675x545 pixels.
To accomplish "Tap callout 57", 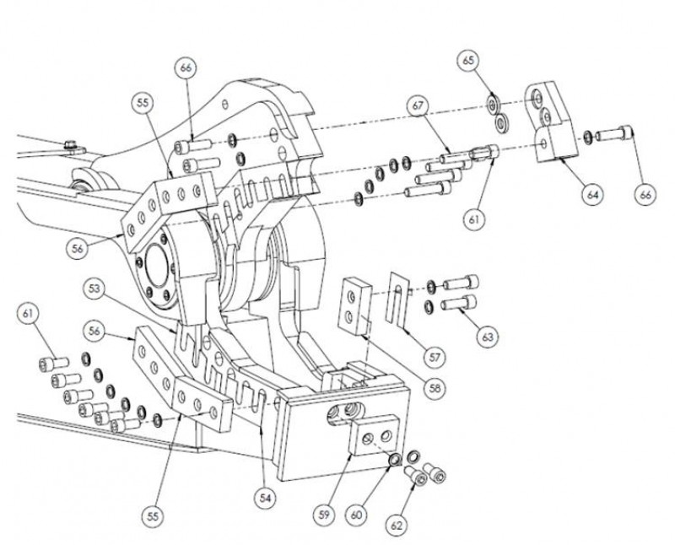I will click(x=435, y=357).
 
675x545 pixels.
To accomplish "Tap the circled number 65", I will click(x=469, y=61).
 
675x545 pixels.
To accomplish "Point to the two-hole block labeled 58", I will click(x=354, y=303).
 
